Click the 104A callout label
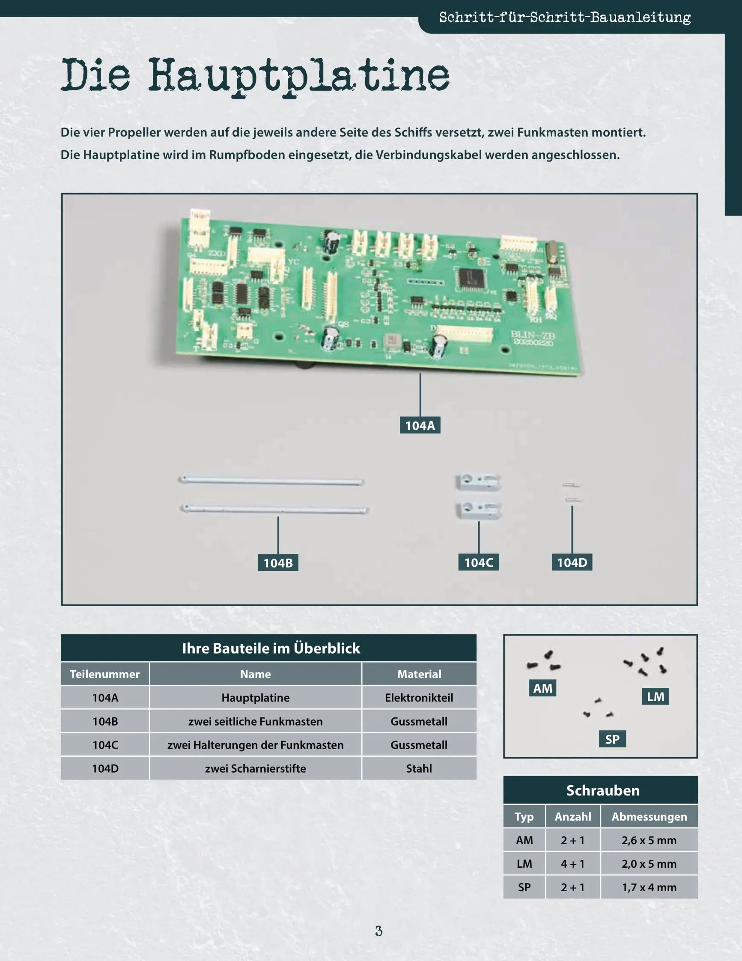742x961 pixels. click(420, 425)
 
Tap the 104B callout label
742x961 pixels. click(278, 563)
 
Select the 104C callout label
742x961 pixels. click(478, 562)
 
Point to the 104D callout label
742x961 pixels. click(572, 562)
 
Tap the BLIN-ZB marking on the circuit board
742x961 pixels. click(533, 335)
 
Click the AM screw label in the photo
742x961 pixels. click(542, 688)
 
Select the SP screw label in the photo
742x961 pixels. click(612, 739)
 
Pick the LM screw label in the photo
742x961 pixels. click(656, 696)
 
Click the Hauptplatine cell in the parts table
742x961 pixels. click(255, 697)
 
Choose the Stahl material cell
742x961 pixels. click(419, 768)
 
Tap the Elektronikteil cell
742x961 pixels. click(419, 697)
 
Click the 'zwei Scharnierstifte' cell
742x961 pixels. click(255, 768)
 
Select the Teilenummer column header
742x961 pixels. click(105, 674)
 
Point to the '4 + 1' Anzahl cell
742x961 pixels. click(572, 864)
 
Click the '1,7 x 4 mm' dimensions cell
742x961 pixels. click(649, 887)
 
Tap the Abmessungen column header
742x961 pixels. click(649, 817)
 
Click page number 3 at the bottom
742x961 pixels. click(378, 931)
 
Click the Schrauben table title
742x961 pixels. click(602, 790)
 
